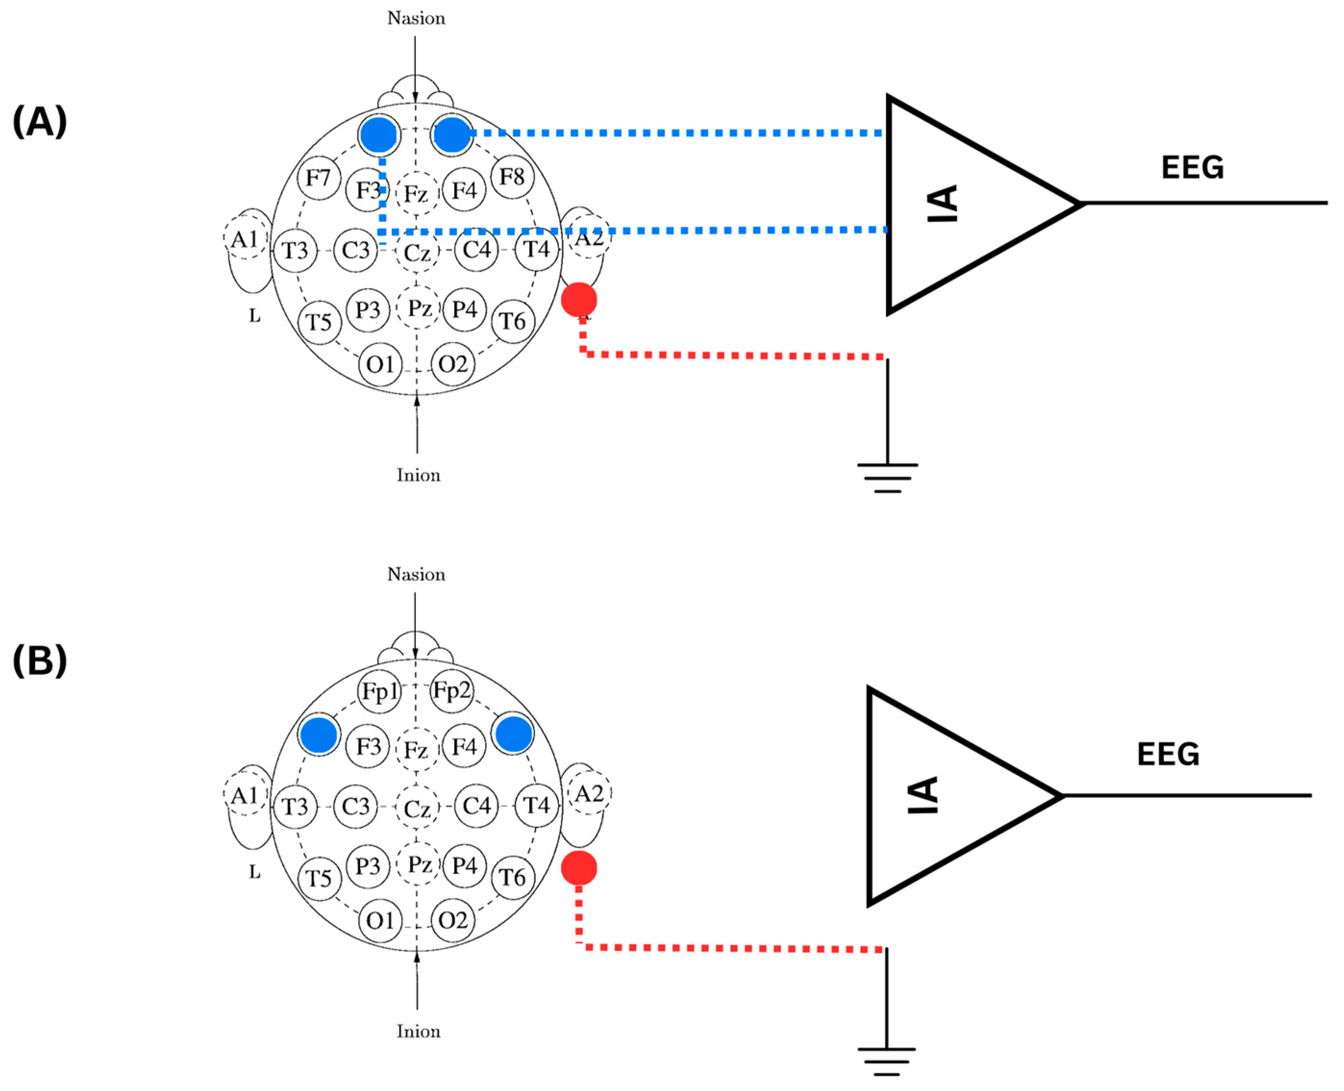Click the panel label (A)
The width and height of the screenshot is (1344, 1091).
(x=39, y=121)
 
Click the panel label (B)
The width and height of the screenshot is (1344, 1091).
(x=39, y=661)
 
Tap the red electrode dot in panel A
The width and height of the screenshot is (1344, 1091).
(x=579, y=300)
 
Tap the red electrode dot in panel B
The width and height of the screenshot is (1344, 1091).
(x=579, y=868)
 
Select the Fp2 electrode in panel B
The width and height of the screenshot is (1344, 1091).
(x=452, y=690)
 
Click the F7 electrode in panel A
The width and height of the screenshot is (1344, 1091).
(x=319, y=178)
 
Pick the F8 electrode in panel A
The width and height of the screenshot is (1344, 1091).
(x=512, y=176)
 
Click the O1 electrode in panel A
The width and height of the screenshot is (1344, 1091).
(x=380, y=364)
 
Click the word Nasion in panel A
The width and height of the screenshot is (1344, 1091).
(x=416, y=18)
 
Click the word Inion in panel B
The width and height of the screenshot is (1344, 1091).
(x=418, y=1031)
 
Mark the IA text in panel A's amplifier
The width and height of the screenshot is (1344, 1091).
(x=943, y=203)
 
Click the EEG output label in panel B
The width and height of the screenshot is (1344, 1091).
(x=1168, y=754)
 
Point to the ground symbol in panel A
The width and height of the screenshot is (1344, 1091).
(x=887, y=477)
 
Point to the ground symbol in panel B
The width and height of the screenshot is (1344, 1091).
(x=886, y=1061)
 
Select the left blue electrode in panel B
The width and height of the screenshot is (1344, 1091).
(x=319, y=734)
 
